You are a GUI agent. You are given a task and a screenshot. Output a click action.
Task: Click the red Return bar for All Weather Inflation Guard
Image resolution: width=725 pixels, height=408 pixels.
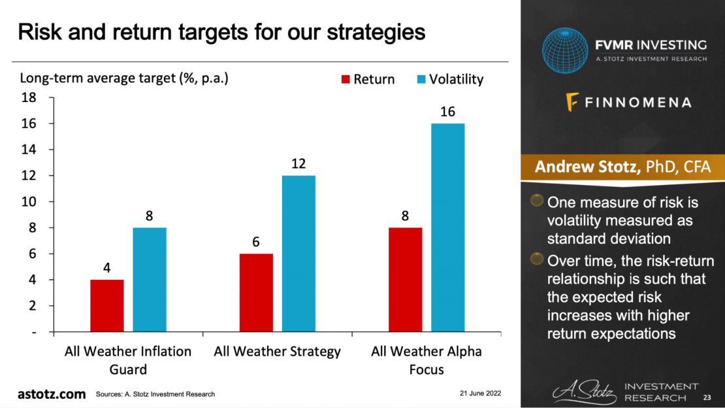pos(107,306)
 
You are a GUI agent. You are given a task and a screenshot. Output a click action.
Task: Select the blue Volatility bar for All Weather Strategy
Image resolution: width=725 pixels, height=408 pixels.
pos(298,254)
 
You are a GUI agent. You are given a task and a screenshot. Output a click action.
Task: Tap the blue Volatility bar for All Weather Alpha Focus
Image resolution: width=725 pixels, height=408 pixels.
pos(447,228)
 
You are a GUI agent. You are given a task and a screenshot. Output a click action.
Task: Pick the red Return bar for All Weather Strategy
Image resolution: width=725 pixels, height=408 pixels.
pos(256,293)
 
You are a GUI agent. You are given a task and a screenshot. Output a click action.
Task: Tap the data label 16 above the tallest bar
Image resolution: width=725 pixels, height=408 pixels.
pos(447,112)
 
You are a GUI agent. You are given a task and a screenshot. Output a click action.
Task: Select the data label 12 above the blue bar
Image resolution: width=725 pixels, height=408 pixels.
pos(298,163)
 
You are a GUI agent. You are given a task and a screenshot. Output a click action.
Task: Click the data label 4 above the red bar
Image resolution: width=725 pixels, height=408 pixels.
pos(107,267)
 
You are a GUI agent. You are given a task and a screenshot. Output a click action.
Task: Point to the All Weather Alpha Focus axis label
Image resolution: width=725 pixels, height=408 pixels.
pos(427,360)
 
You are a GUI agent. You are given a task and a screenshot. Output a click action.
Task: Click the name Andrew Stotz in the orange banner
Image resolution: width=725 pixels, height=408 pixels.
pos(587,167)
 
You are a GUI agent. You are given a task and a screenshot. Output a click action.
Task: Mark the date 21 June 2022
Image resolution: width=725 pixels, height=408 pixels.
pos(479,394)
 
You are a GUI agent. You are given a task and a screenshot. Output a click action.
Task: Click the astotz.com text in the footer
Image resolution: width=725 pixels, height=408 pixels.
pos(52,394)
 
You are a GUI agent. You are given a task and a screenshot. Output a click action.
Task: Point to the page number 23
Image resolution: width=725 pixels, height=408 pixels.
pos(707,398)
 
